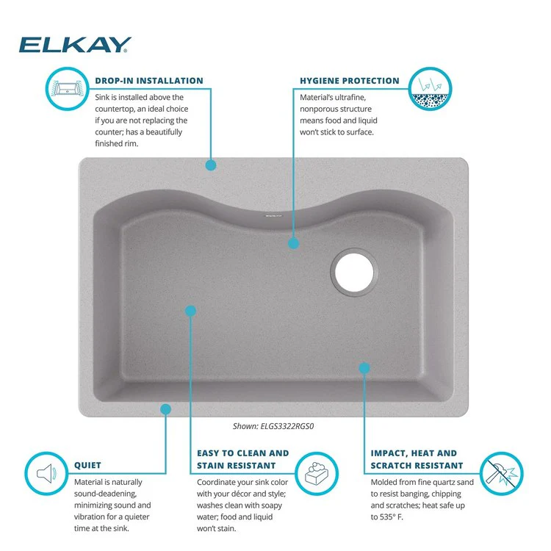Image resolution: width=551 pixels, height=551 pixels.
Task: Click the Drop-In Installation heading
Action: (x=149, y=81)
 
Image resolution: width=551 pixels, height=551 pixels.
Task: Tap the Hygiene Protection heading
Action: (x=350, y=81)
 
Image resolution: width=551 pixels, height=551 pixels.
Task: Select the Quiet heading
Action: (x=88, y=465)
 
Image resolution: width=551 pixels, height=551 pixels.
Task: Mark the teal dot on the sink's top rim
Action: (x=211, y=165)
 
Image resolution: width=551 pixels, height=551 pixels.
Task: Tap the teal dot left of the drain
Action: (x=294, y=242)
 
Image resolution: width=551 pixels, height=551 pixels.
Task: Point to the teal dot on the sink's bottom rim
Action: (x=166, y=408)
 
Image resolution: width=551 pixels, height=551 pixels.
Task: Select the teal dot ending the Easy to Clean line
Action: (x=191, y=311)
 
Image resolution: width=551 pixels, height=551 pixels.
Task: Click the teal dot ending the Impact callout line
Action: (x=364, y=367)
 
